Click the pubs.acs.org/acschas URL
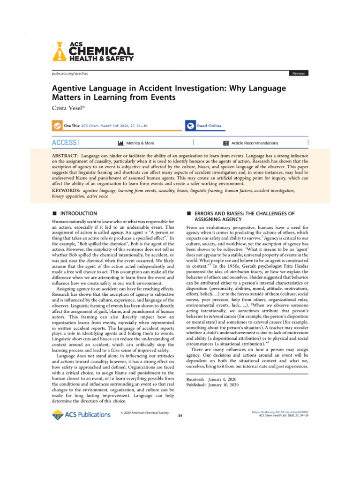pos(69,74)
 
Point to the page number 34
pos(180,415)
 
